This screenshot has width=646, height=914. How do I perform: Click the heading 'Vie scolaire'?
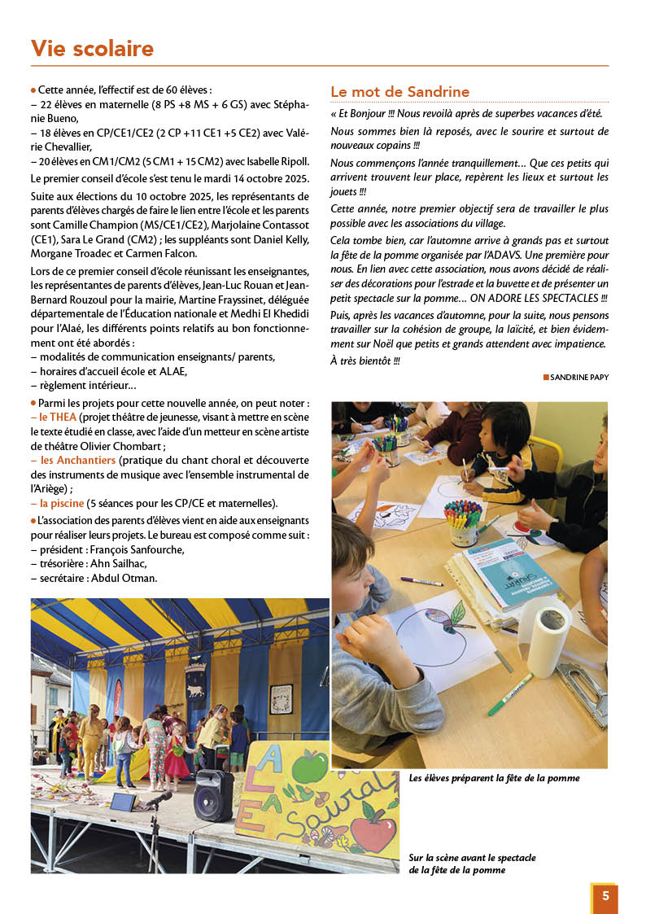pos(92,49)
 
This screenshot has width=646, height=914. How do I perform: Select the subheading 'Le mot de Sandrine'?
pos(399,92)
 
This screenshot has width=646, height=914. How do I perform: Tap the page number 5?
pos(605,896)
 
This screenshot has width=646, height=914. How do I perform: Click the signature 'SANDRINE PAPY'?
pos(578,377)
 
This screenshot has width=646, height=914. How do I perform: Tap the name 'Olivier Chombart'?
pos(119,446)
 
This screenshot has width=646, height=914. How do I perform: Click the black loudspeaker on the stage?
pos(213,795)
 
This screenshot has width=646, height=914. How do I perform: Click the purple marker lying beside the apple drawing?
pos(421,581)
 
